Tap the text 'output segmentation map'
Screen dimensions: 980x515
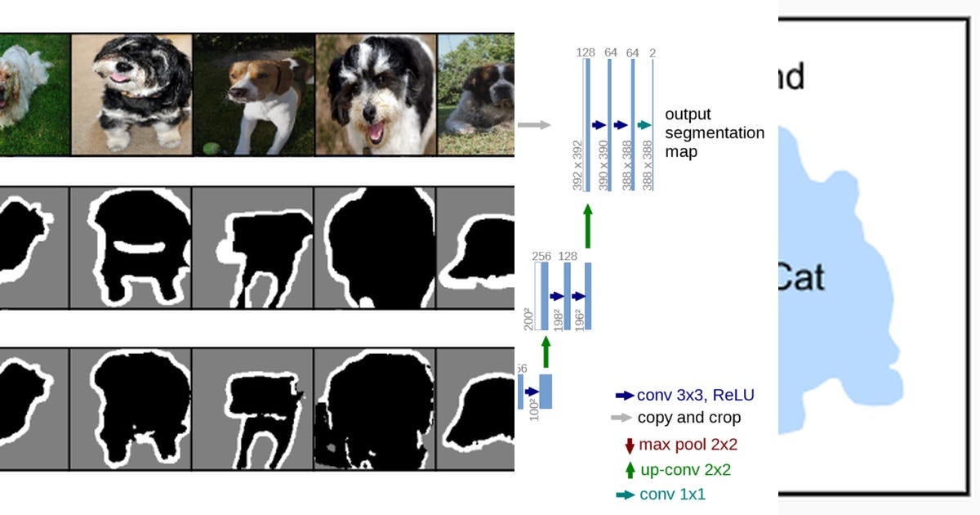click(x=714, y=132)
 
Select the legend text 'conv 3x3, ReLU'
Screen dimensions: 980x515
click(x=695, y=396)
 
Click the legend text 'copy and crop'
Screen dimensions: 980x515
click(x=688, y=418)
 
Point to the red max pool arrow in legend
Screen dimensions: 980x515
click(x=629, y=446)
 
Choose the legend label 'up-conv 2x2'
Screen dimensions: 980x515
click(x=684, y=470)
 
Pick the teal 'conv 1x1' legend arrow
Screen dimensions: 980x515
click(x=625, y=495)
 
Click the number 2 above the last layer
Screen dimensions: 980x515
click(x=653, y=53)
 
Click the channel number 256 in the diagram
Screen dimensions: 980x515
click(x=541, y=256)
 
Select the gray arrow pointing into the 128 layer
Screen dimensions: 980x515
click(x=534, y=125)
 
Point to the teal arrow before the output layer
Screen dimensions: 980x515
click(x=644, y=125)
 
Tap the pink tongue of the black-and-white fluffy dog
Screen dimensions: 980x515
click(x=119, y=78)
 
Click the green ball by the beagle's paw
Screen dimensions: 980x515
click(x=212, y=150)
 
